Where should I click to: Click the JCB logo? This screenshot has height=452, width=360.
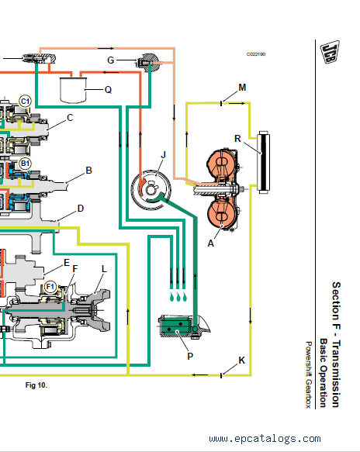pyautogui.click(x=330, y=52)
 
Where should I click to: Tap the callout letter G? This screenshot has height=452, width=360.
pyautogui.click(x=111, y=60)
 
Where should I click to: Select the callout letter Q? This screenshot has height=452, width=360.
pyautogui.click(x=108, y=90)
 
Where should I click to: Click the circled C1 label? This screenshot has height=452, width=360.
pyautogui.click(x=25, y=102)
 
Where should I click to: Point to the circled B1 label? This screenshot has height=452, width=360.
pyautogui.click(x=25, y=164)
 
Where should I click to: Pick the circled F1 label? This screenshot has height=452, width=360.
pyautogui.click(x=50, y=287)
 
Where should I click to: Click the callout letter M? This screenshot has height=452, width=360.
pyautogui.click(x=242, y=88)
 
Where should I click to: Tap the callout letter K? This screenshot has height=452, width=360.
pyautogui.click(x=242, y=361)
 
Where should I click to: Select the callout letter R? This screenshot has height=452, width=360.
pyautogui.click(x=237, y=139)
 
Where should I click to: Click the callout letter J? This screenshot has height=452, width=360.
pyautogui.click(x=164, y=154)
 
